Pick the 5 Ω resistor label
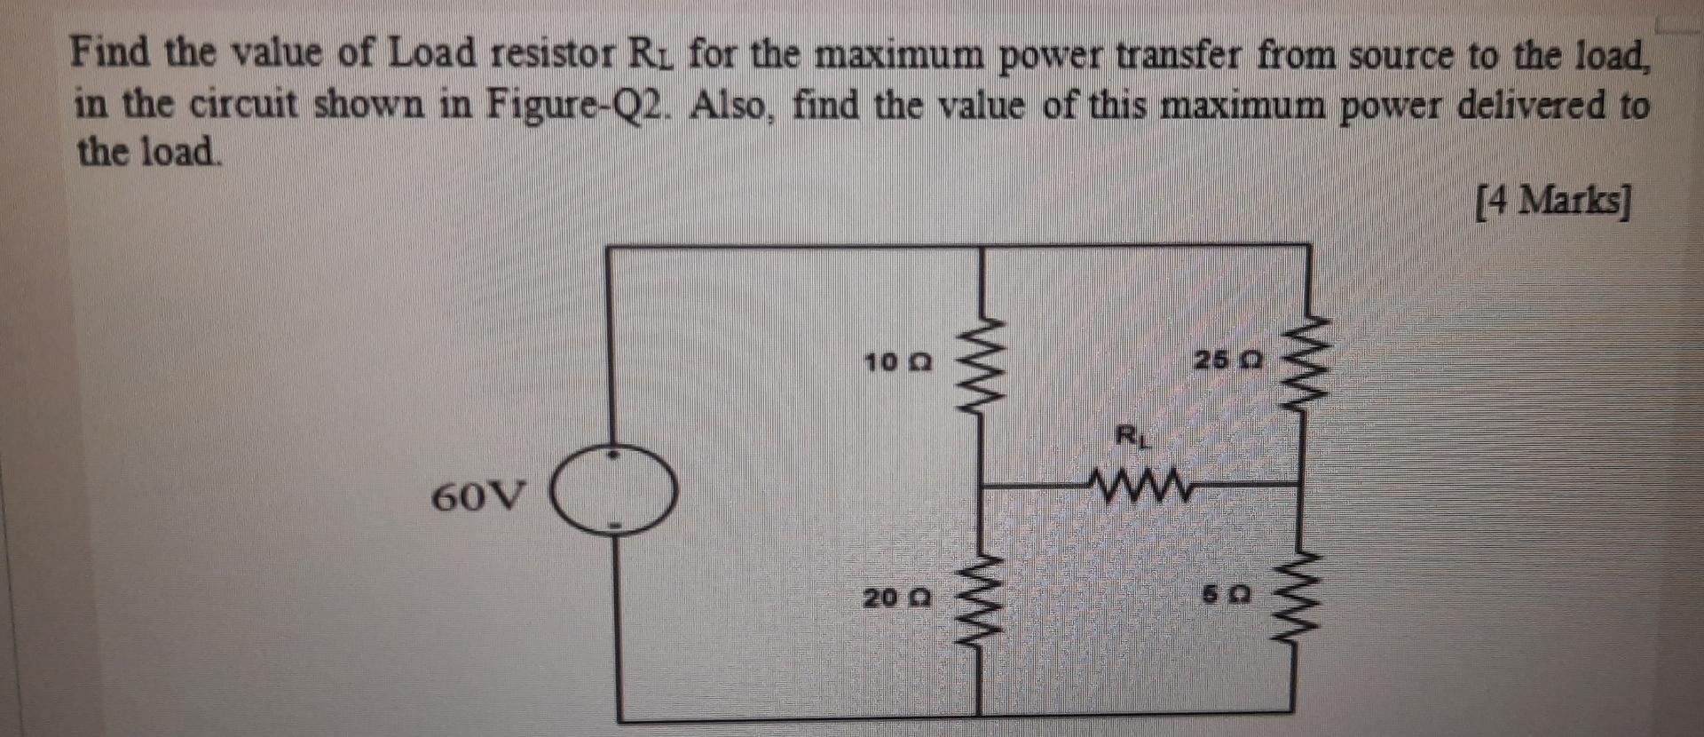click(x=1228, y=597)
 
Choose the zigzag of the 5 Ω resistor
click(x=1301, y=599)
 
